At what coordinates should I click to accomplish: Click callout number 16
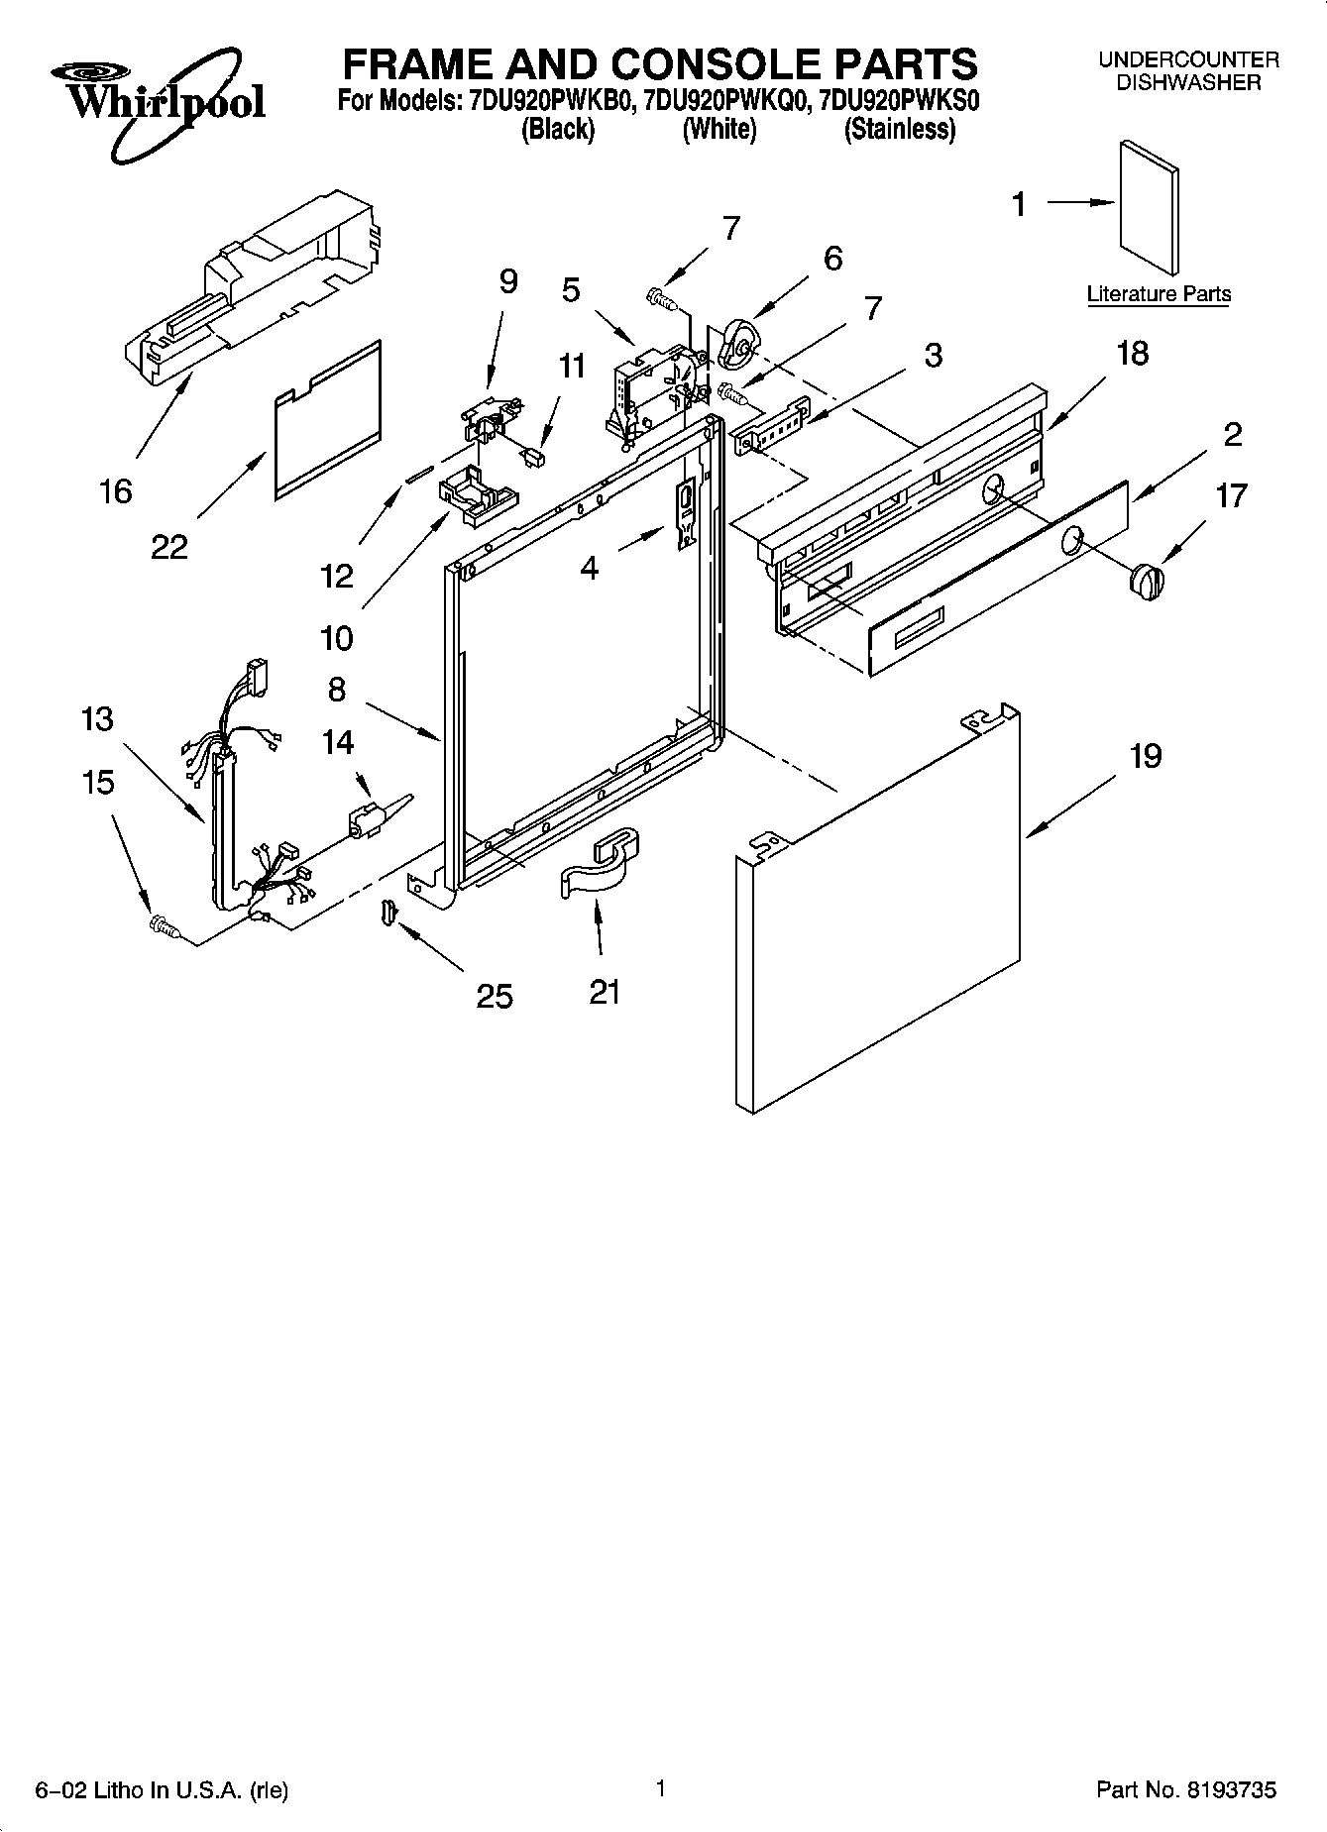pyautogui.click(x=116, y=490)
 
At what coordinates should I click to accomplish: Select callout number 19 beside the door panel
pyautogui.click(x=1145, y=756)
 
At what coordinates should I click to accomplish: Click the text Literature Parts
pyautogui.click(x=1159, y=294)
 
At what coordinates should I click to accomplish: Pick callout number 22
pyautogui.click(x=169, y=546)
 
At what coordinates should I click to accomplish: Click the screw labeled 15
pyautogui.click(x=163, y=925)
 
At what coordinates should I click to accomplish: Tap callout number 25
pyautogui.click(x=494, y=995)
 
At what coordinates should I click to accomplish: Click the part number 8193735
pyautogui.click(x=1228, y=1789)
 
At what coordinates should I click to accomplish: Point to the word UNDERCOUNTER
pyautogui.click(x=1188, y=60)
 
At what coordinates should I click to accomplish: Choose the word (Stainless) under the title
pyautogui.click(x=899, y=130)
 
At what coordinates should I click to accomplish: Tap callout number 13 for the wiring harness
pyautogui.click(x=97, y=718)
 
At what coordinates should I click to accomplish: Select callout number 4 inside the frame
pyautogui.click(x=590, y=568)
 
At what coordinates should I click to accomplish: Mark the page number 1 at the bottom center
pyautogui.click(x=659, y=1787)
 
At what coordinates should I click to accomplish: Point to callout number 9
pyautogui.click(x=507, y=282)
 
